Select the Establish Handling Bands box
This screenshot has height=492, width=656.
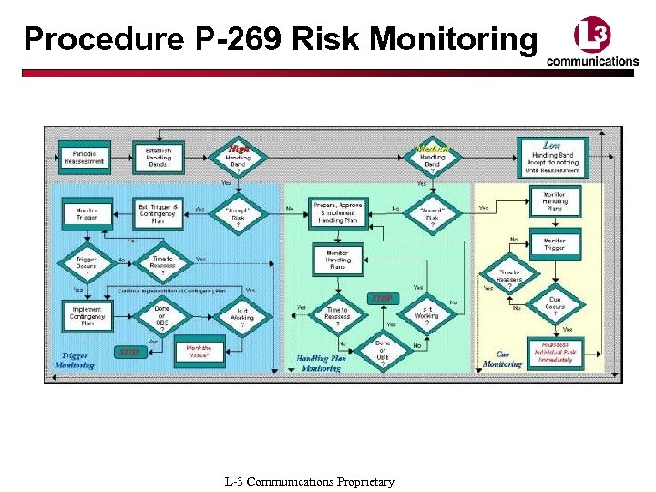point(159,156)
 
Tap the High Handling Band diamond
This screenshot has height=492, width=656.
point(238,157)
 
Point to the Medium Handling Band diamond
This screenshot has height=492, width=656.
point(431,157)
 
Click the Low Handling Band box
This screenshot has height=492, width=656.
point(552,156)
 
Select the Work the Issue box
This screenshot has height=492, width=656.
point(199,351)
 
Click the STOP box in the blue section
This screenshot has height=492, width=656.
point(128,351)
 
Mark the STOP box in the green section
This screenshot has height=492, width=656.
point(382,298)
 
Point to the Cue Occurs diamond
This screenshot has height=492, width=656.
point(554,304)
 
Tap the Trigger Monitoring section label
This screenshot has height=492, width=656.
point(75,360)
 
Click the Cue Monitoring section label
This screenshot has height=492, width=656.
point(502,359)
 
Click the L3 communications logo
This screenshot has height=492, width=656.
point(592,44)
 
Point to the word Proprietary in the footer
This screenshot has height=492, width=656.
point(364,481)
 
